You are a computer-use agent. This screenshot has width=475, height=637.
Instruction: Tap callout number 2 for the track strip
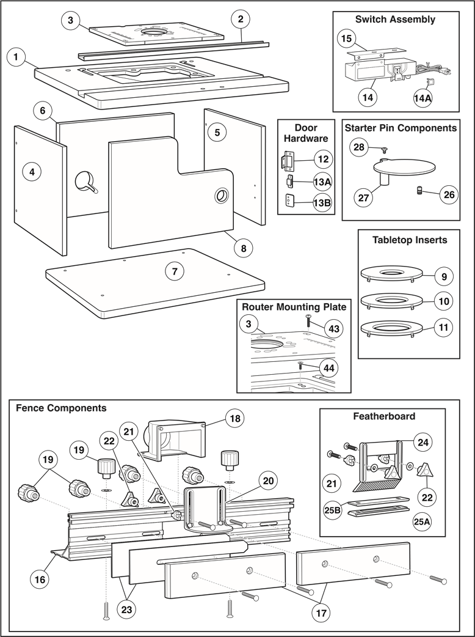pos(241,20)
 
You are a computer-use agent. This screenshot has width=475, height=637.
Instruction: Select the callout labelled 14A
pos(423,97)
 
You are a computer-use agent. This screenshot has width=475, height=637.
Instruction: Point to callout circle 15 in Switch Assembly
pos(346,39)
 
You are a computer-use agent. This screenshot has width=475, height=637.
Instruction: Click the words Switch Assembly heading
pos(395,20)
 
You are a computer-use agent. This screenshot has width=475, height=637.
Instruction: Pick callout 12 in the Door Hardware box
pos(323,160)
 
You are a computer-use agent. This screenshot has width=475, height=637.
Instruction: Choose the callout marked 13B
pos(323,202)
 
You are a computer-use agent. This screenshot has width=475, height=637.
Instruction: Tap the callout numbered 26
pos(449,195)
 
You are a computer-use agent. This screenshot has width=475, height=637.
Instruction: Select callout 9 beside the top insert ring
pos(444,277)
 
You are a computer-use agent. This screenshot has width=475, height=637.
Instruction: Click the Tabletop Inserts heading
pos(410,240)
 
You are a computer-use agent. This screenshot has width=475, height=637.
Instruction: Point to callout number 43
pos(334,329)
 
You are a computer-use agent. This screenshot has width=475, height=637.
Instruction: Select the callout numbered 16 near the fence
pos(40,579)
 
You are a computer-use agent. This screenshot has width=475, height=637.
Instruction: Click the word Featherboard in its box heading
pos(383,416)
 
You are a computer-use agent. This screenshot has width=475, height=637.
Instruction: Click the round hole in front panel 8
pos(220,196)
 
